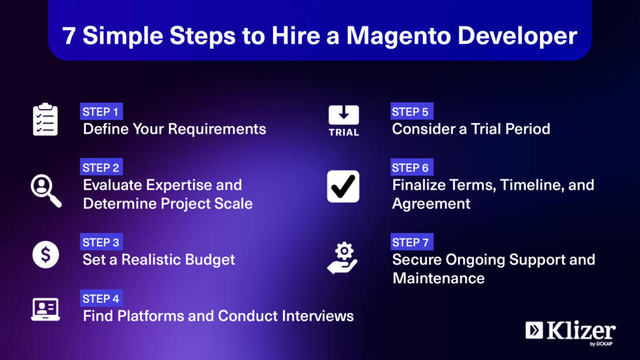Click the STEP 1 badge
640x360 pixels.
tap(101, 111)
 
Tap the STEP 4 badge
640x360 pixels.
tap(101, 298)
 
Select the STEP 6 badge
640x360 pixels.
tap(411, 167)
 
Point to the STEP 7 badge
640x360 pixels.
tap(411, 242)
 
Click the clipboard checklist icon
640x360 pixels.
tap(45, 119)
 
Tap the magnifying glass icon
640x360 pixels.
tap(46, 191)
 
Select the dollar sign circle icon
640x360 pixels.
tap(46, 255)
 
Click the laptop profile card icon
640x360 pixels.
tap(45, 309)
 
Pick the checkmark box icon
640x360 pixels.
tap(343, 186)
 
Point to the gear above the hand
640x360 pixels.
tap(344, 251)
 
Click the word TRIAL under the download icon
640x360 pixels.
tap(344, 132)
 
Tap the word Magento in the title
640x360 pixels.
tap(398, 36)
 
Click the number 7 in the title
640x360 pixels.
tap(69, 36)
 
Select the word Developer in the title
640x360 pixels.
tap(517, 36)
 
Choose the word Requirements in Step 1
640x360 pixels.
tap(217, 129)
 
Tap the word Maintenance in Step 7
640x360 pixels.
tap(439, 278)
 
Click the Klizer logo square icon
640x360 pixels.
tap(534, 330)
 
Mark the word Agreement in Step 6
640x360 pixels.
tap(431, 204)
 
